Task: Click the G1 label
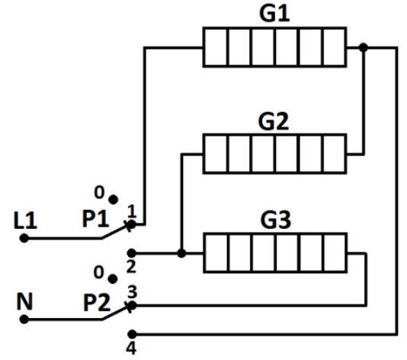click(x=274, y=13)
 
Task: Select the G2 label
click(x=274, y=121)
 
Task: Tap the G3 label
click(x=275, y=220)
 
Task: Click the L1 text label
click(x=25, y=220)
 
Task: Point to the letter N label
click(x=24, y=301)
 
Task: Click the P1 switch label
click(x=95, y=219)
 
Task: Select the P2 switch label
click(x=97, y=302)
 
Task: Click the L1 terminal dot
click(x=24, y=238)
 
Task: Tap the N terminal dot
click(x=24, y=320)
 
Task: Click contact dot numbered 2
click(x=132, y=252)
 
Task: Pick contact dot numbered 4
click(x=132, y=334)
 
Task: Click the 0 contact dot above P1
click(x=113, y=200)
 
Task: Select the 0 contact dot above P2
click(x=112, y=279)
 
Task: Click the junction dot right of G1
click(x=364, y=47)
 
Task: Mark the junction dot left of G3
click(x=181, y=253)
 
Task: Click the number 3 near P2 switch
click(x=132, y=291)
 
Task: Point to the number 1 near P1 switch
click(x=132, y=211)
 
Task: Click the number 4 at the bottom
click(x=131, y=348)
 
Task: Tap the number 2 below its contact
click(x=131, y=266)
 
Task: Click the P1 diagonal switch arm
click(x=117, y=231)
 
